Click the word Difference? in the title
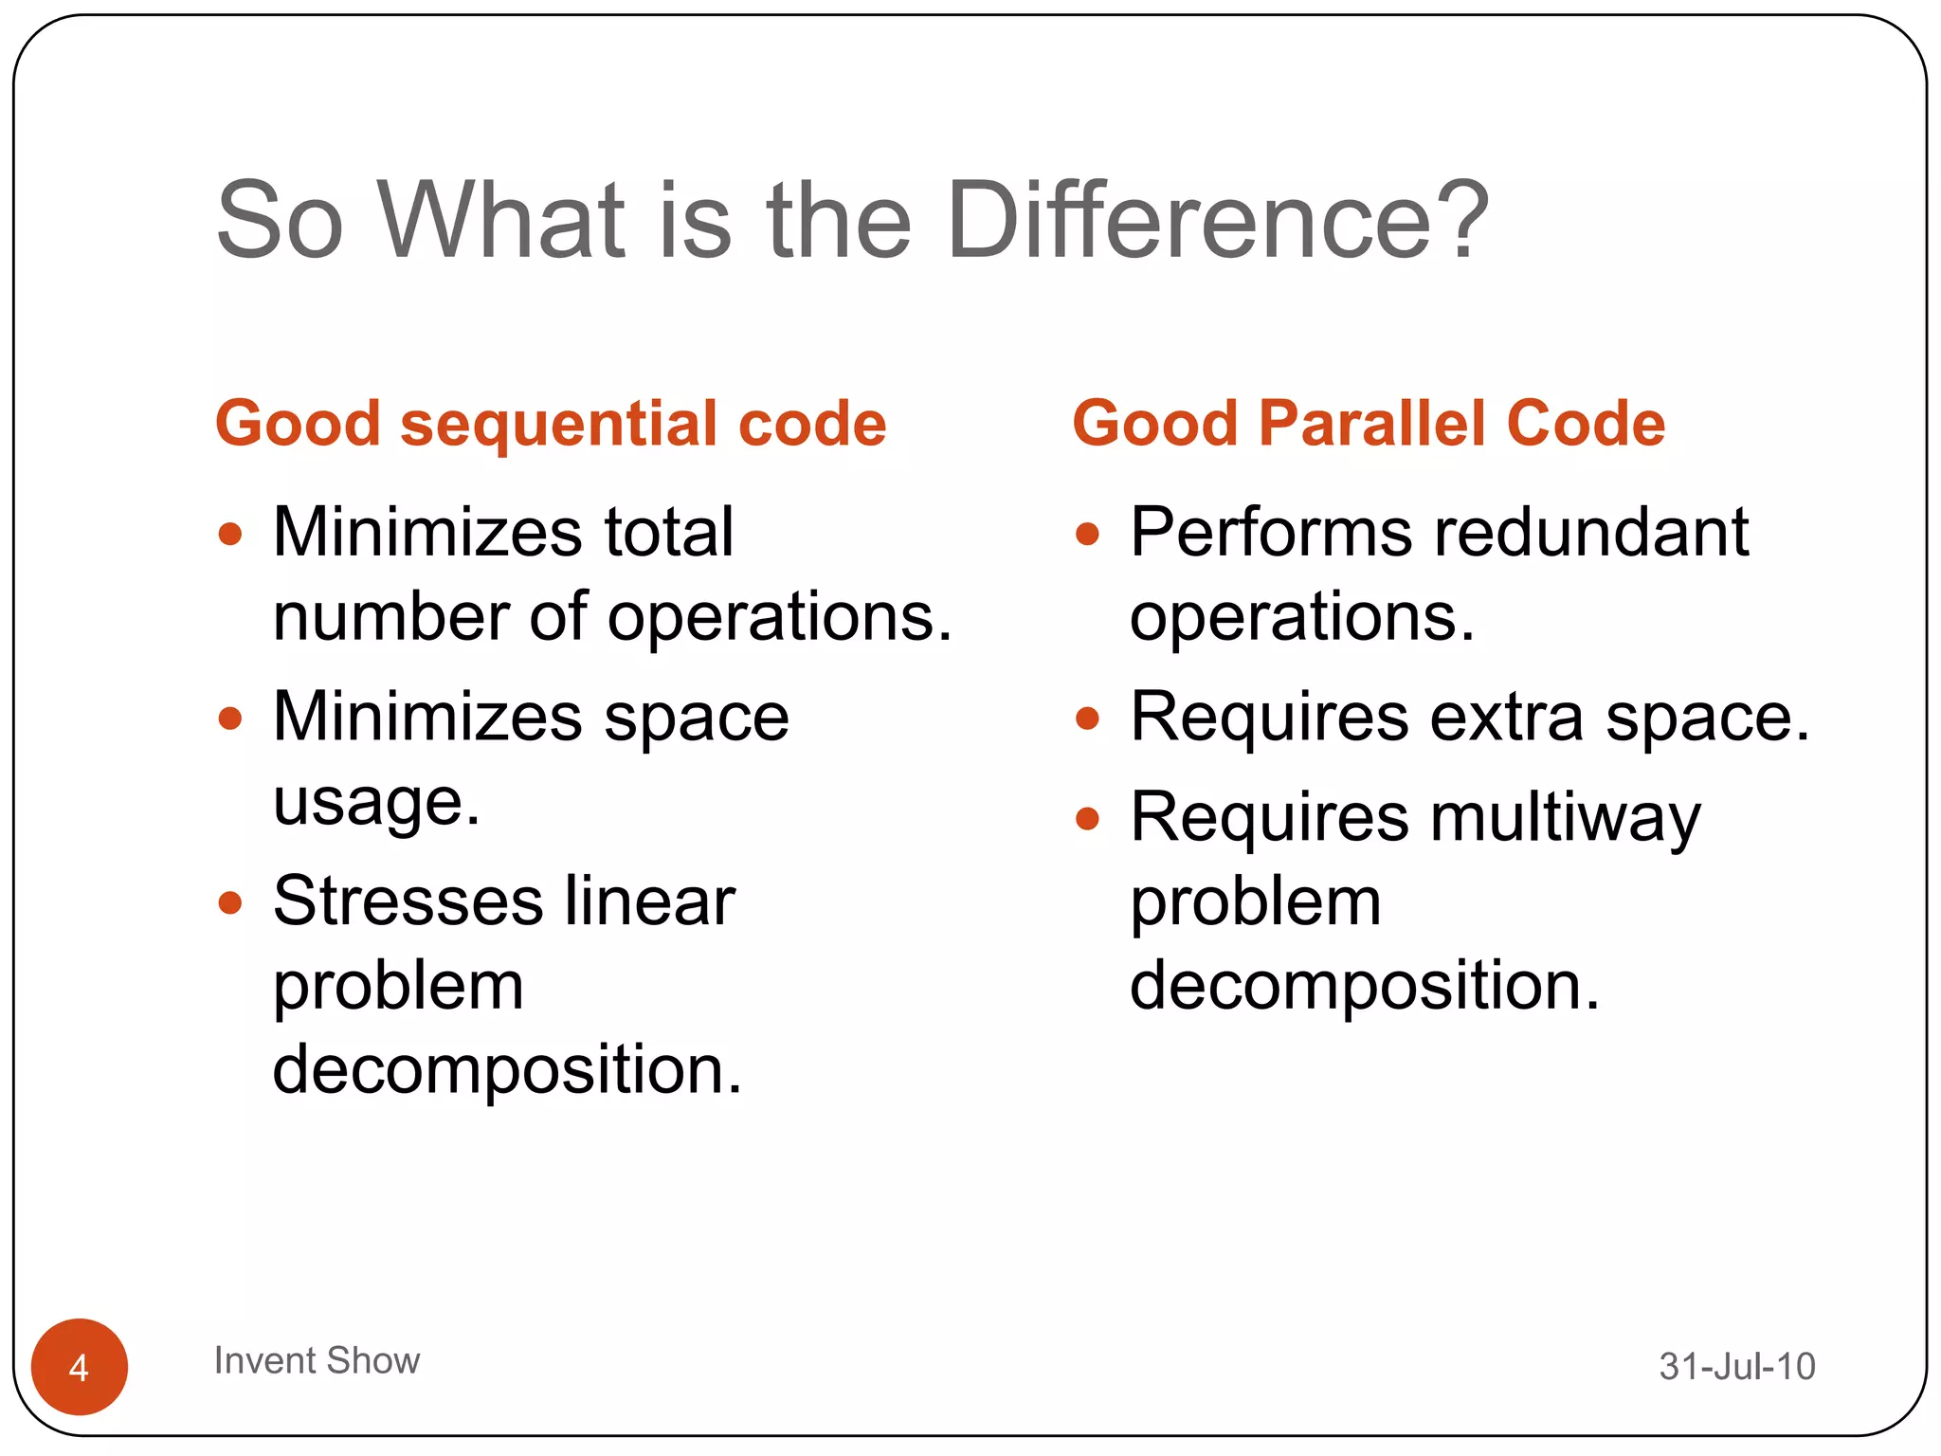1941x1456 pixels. tap(1218, 221)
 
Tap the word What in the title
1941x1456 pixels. tap(501, 221)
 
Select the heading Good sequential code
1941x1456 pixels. tap(551, 423)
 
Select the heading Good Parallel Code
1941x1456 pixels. tap(1368, 423)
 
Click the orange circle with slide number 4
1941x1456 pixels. tap(80, 1366)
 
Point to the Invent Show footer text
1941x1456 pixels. tap(317, 1360)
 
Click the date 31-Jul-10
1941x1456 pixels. tap(1736, 1366)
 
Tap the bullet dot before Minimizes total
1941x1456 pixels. tap(230, 534)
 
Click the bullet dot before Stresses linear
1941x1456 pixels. tap(230, 901)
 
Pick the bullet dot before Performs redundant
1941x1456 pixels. tap(1087, 534)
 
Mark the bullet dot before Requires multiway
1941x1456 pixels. tap(1087, 818)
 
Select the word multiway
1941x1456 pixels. tap(1565, 818)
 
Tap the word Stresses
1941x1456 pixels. tap(408, 901)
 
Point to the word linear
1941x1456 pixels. tap(649, 901)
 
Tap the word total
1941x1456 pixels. tap(669, 532)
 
